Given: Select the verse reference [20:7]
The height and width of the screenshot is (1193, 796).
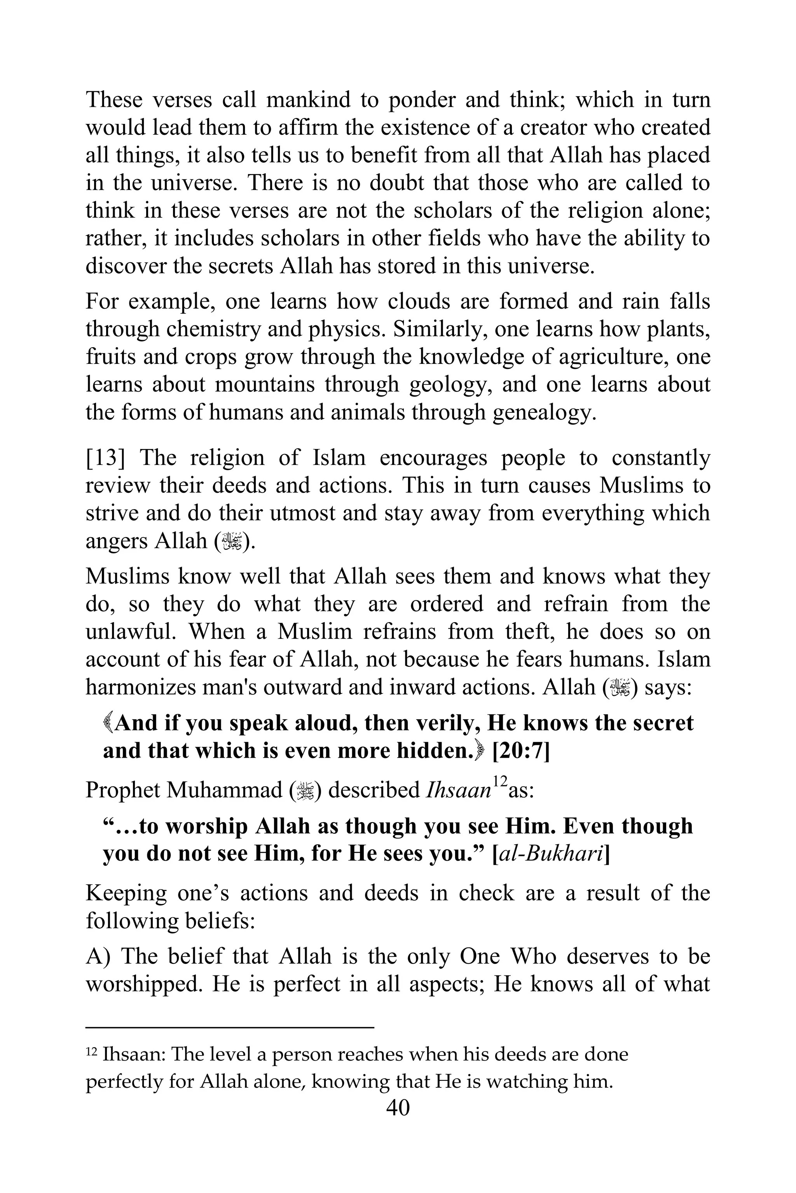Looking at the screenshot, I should coord(521,751).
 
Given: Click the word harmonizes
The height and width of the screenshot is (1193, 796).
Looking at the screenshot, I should coord(140,687).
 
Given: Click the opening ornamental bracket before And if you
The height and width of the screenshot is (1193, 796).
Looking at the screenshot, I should coord(108,723).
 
